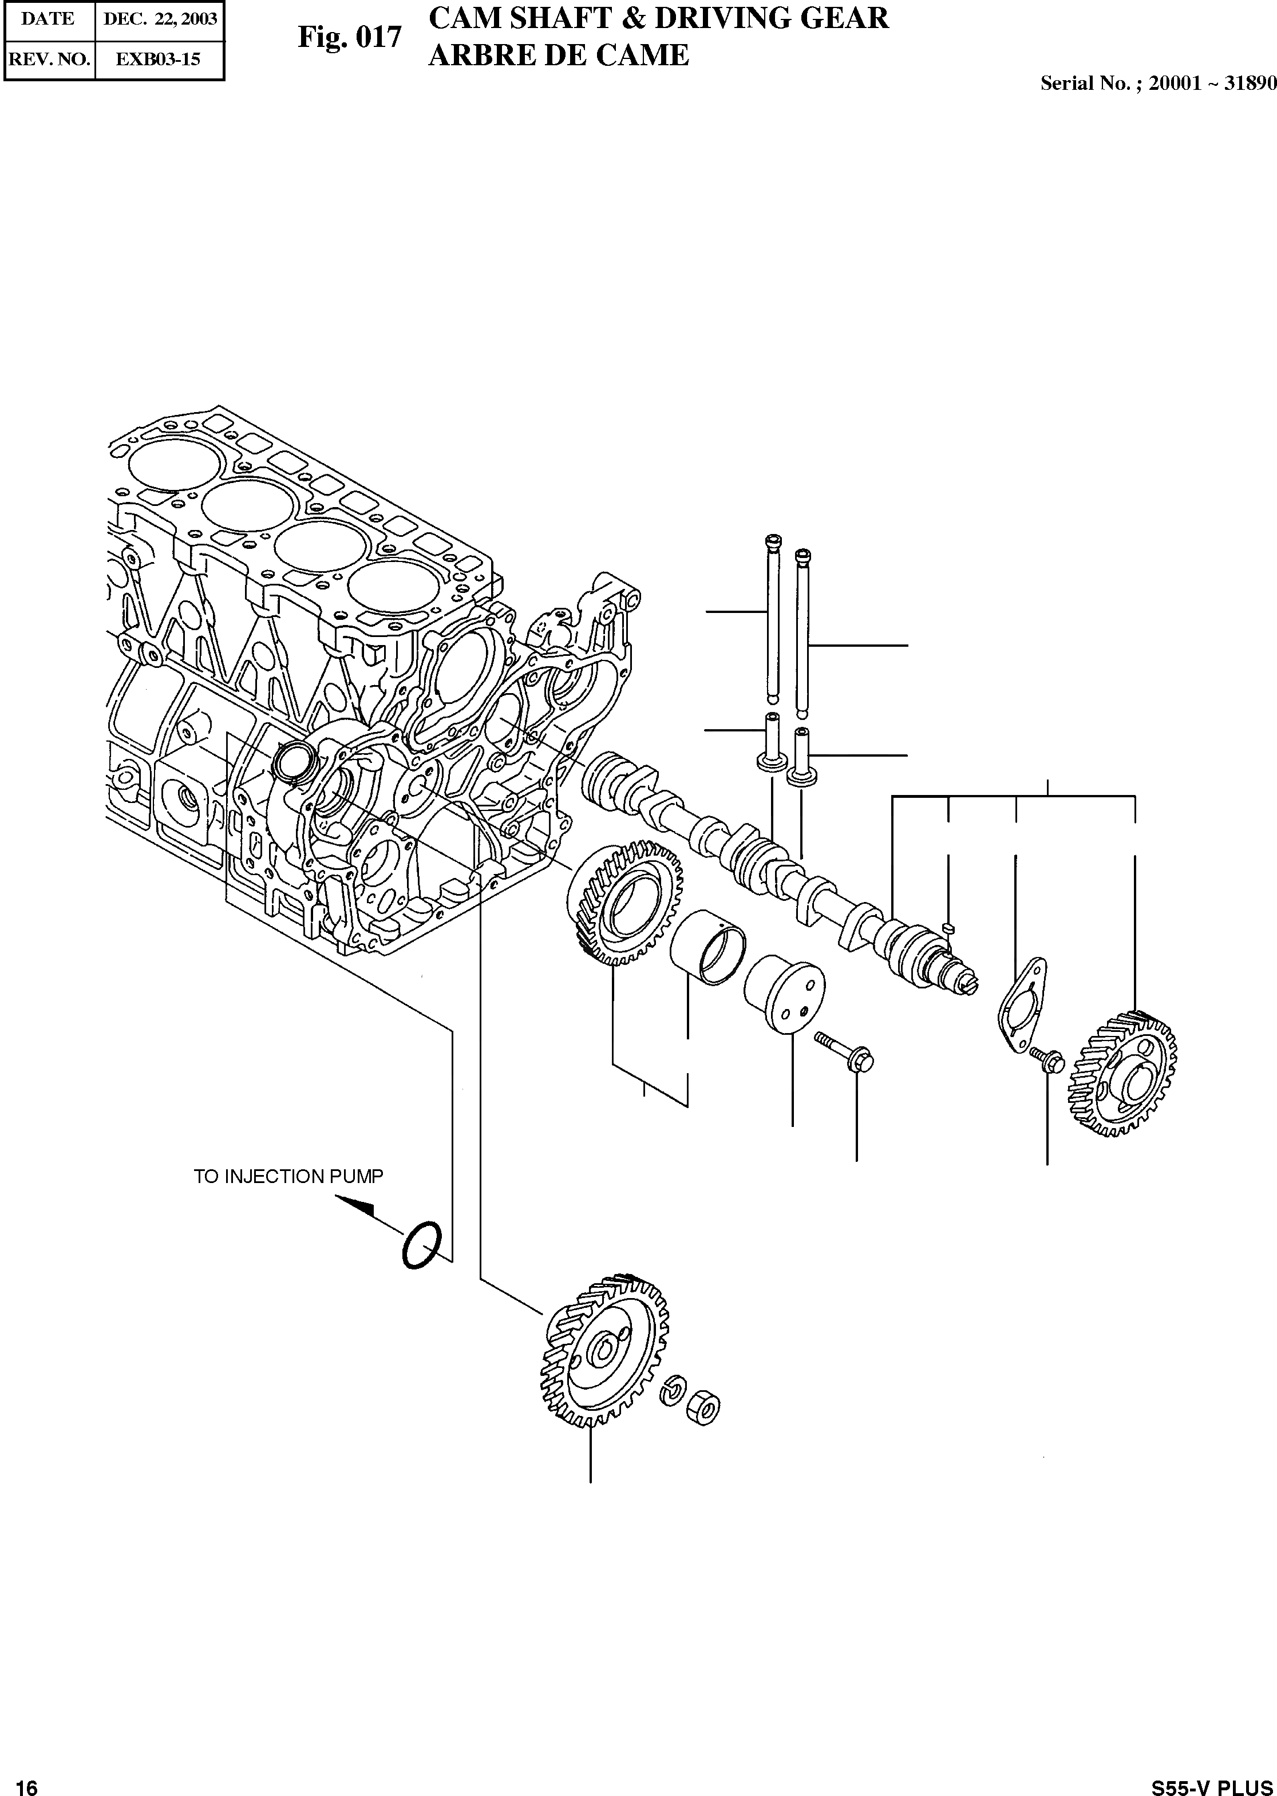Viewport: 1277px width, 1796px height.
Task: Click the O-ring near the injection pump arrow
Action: point(422,1245)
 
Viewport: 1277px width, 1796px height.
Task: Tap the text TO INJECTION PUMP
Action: point(288,1176)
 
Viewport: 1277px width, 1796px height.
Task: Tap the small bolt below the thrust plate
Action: point(1048,1060)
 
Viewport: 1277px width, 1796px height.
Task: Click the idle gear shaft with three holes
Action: point(785,996)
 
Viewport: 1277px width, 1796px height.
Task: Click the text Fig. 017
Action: point(349,37)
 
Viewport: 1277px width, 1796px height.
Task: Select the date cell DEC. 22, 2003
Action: point(160,19)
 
